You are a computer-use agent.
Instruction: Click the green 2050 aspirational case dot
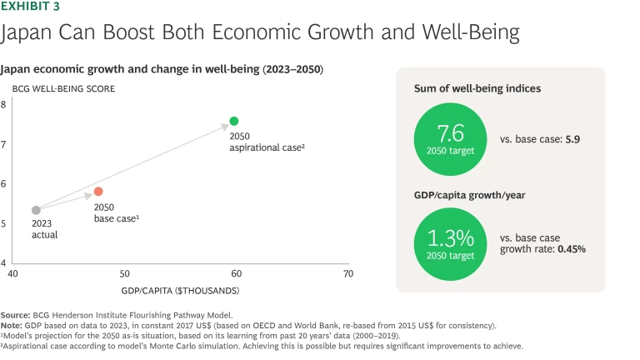[x=234, y=121]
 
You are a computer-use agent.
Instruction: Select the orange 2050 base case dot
[x=98, y=192]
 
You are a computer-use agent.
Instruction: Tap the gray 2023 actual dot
[x=36, y=210]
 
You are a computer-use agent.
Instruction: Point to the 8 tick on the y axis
[x=27, y=105]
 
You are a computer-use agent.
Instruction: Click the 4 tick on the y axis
[x=27, y=262]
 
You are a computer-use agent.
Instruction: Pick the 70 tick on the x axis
[x=347, y=273]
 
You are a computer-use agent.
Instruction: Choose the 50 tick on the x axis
[x=124, y=273]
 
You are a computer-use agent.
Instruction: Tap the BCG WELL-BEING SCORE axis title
[x=63, y=88]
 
